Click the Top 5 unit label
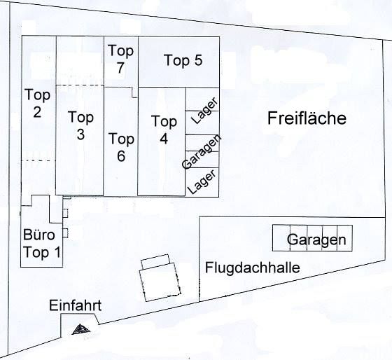[183, 60]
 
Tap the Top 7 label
[120, 59]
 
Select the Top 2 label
[38, 104]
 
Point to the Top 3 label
[80, 125]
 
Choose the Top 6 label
[122, 147]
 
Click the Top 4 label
[164, 130]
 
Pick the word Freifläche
[307, 118]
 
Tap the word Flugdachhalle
[253, 268]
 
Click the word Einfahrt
[76, 305]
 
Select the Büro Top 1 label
[42, 244]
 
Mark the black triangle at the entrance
[80, 329]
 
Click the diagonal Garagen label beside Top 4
[202, 152]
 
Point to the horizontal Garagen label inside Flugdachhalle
[316, 240]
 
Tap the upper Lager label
[204, 111]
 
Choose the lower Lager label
[202, 181]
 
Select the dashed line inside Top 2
[38, 160]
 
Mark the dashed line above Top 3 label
[80, 85]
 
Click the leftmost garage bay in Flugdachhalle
[281, 238]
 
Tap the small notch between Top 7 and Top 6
[134, 92]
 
